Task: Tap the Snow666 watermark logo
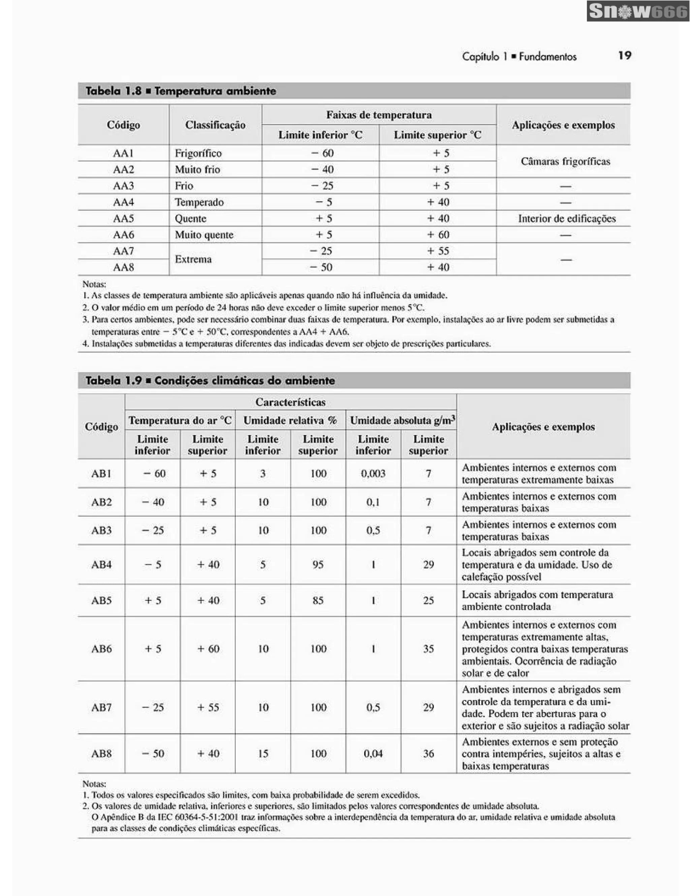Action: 637,11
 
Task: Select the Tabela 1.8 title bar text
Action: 181,91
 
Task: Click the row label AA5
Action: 123,218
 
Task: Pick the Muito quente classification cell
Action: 204,235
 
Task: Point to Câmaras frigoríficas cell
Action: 565,161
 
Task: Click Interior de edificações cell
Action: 567,218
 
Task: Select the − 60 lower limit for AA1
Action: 322,153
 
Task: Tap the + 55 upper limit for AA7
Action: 438,251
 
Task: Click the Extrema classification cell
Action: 193,259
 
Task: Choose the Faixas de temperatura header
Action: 379,115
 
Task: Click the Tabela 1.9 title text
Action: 210,380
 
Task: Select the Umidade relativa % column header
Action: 290,420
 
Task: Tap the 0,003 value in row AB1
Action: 373,474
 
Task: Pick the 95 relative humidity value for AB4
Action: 318,565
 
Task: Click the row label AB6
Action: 101,649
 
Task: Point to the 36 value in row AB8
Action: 428,753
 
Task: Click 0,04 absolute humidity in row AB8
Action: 373,753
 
